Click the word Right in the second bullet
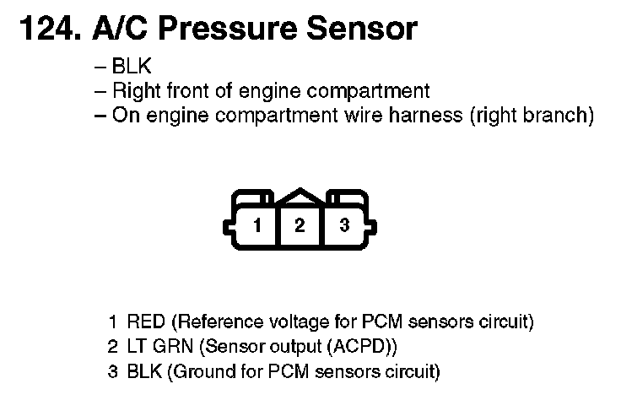click(x=133, y=91)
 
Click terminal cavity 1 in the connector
click(x=257, y=226)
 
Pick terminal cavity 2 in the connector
click(x=300, y=226)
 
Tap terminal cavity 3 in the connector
click(x=343, y=226)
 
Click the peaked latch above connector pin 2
click(x=300, y=196)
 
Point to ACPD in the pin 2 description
click(x=361, y=346)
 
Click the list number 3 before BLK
click(x=112, y=370)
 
